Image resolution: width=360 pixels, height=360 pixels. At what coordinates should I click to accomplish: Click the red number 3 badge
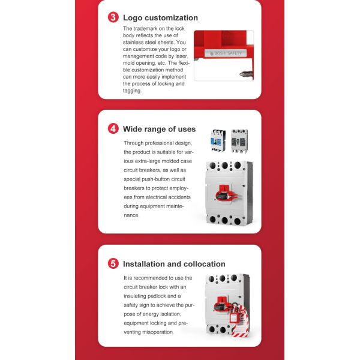113,17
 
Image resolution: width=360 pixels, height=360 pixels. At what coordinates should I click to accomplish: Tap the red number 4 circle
113,128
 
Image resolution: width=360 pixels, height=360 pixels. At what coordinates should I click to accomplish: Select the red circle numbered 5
113,263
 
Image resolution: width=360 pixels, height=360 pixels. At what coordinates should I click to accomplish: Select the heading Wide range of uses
159,129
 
